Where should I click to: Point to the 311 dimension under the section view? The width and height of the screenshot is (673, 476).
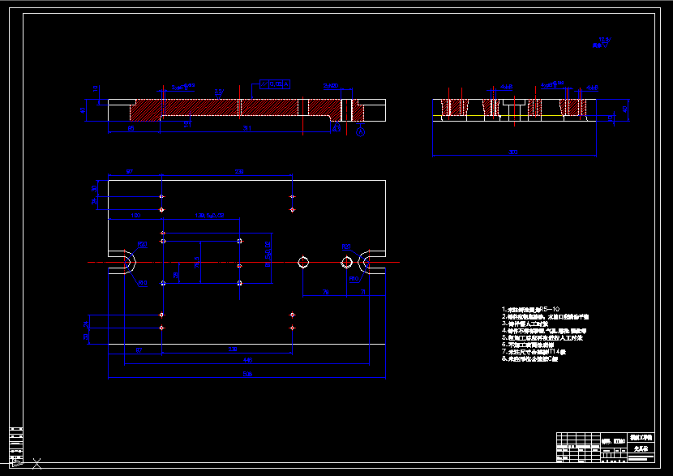[247, 128]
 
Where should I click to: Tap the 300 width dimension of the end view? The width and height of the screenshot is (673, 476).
[512, 152]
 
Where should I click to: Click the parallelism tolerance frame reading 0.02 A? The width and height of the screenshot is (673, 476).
[274, 84]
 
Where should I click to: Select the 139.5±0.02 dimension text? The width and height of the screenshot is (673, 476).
[209, 216]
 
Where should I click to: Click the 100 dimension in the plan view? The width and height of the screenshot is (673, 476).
[135, 216]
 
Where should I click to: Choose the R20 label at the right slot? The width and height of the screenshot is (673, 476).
[345, 247]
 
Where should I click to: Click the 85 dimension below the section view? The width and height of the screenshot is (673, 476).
[131, 128]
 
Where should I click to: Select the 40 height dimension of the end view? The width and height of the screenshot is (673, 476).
[624, 108]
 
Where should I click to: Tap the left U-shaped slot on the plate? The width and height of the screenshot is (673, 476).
[124, 262]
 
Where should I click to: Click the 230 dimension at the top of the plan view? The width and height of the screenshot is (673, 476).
[239, 172]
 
